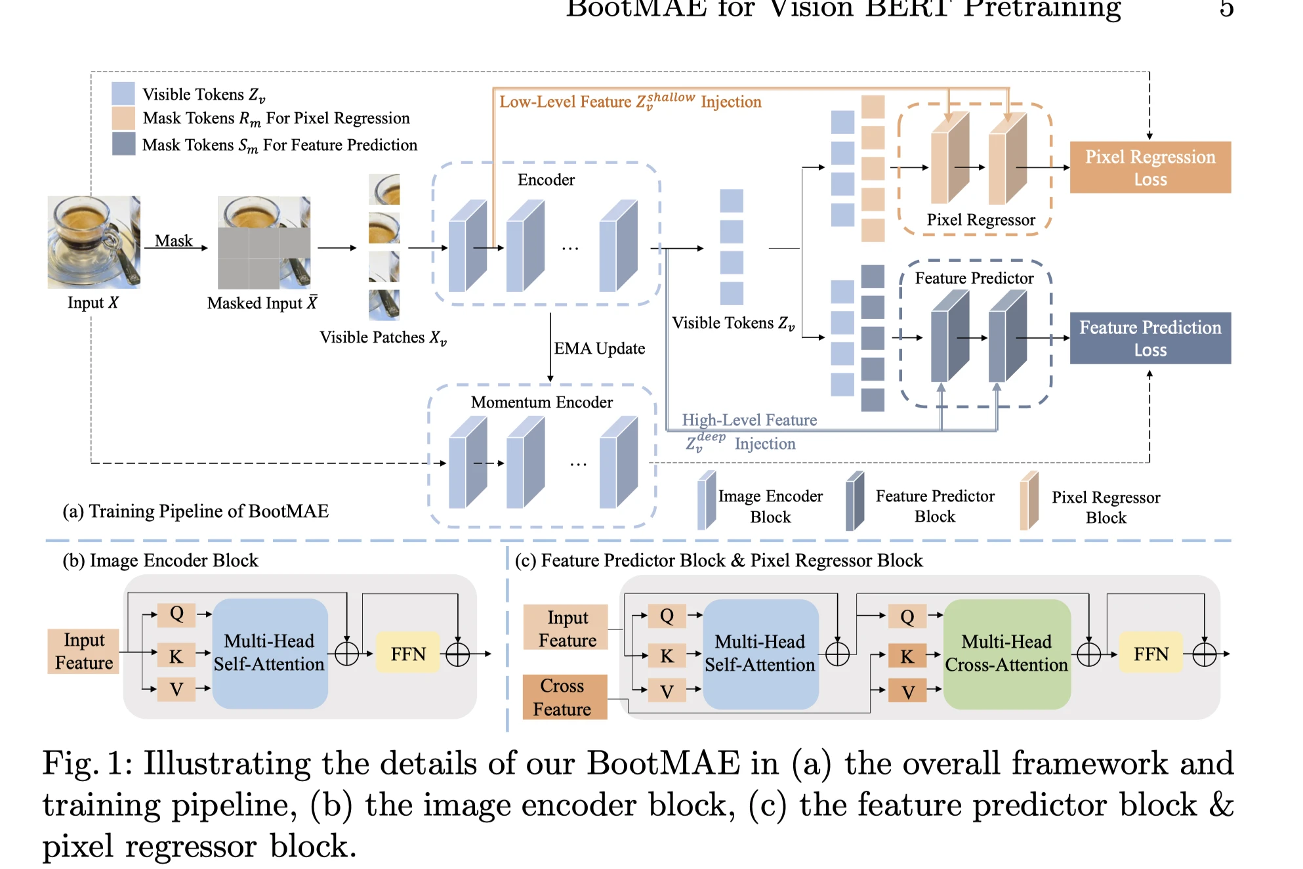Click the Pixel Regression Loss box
click(1149, 167)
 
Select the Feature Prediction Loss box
click(1149, 338)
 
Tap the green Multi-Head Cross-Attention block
click(1006, 654)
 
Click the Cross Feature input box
click(564, 697)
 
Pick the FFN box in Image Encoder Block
click(407, 654)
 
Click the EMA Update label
click(599, 349)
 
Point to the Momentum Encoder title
click(541, 402)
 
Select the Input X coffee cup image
click(94, 242)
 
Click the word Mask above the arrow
click(174, 241)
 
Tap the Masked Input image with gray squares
click(264, 243)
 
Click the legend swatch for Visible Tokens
click(123, 94)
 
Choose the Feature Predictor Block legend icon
click(854, 501)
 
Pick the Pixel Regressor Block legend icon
click(1029, 501)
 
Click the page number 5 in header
click(1226, 8)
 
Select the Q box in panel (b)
click(176, 614)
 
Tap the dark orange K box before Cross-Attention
click(907, 656)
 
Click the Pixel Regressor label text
click(980, 220)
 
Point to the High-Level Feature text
click(749, 420)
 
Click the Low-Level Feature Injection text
click(630, 102)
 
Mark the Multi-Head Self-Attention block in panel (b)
click(270, 653)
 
